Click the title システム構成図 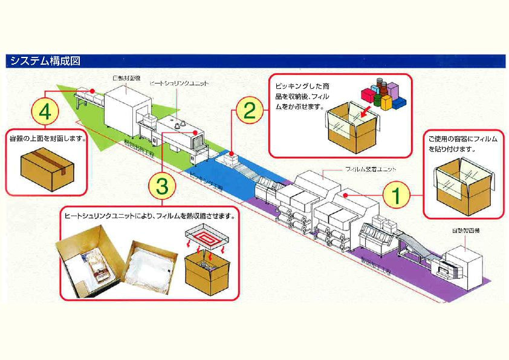42,61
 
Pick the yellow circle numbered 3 162,186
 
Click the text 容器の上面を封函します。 48,138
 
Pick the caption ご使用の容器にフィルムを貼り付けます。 462,143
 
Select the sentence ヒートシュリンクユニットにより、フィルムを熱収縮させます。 149,215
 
